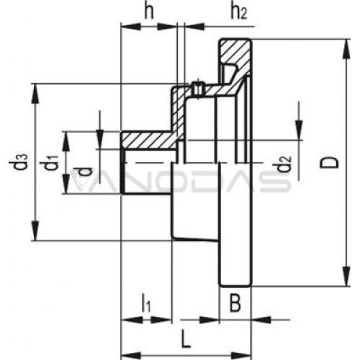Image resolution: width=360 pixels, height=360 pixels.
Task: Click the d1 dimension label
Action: (x=49, y=163)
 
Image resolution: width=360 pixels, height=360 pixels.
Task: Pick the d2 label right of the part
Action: (x=284, y=164)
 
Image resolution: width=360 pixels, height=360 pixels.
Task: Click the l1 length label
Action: (x=146, y=303)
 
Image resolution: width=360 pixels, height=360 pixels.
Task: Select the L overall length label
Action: (x=186, y=339)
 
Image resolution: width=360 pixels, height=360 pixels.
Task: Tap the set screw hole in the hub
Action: (x=198, y=89)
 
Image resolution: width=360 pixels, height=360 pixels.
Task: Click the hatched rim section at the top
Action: (x=235, y=52)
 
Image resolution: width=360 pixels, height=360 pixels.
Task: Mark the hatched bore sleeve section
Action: (x=149, y=140)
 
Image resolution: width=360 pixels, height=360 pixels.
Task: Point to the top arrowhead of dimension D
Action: (x=346, y=49)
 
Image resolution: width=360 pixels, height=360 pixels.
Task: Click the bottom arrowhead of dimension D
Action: (x=346, y=276)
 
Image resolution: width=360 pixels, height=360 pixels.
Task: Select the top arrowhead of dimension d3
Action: (x=35, y=94)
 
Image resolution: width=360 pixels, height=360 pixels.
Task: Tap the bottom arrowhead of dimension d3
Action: (x=35, y=230)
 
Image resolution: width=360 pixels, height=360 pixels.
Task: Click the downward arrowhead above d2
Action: (x=299, y=130)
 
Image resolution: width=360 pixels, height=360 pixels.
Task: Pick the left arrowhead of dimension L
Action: (x=131, y=355)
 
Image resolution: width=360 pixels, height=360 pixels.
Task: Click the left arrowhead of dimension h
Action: (x=131, y=27)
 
